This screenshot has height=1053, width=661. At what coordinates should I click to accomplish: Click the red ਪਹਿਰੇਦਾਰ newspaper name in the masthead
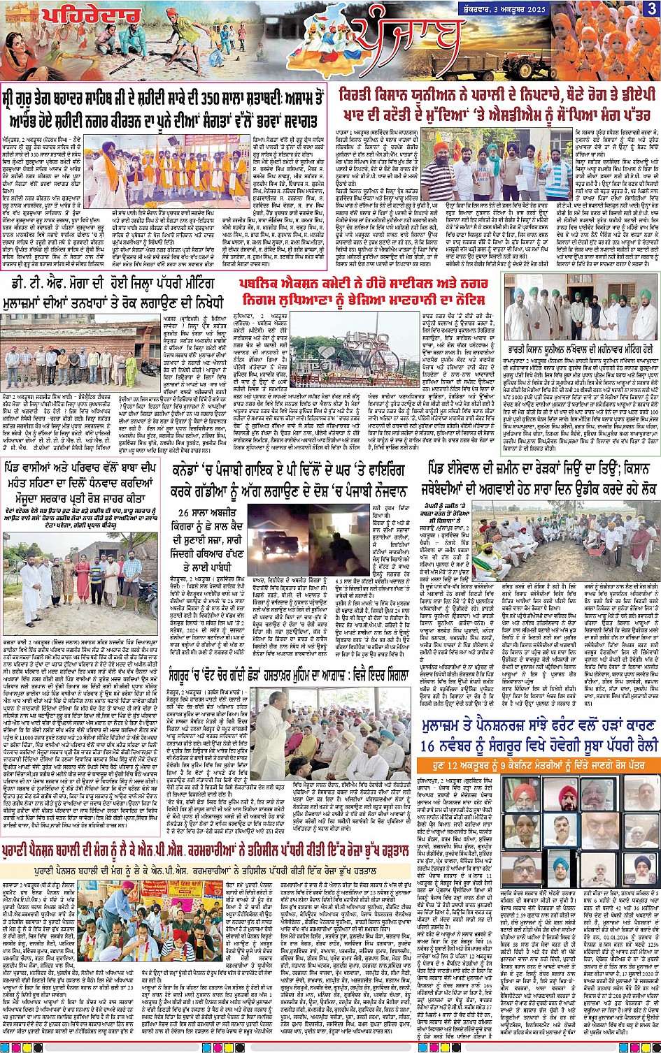click(91, 15)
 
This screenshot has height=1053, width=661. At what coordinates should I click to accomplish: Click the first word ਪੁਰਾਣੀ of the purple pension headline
click(24, 853)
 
